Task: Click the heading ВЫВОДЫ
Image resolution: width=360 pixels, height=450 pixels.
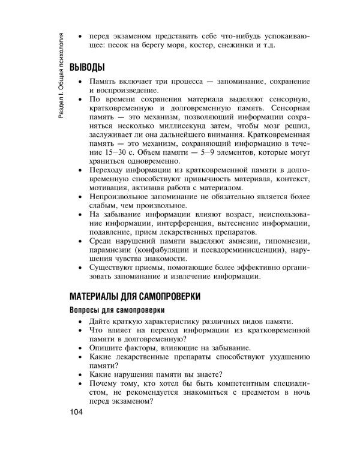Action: pos(88,65)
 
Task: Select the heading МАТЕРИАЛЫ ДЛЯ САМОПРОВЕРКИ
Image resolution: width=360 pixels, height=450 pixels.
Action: pos(135,297)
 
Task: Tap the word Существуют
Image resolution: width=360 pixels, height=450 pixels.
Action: pos(113,269)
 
